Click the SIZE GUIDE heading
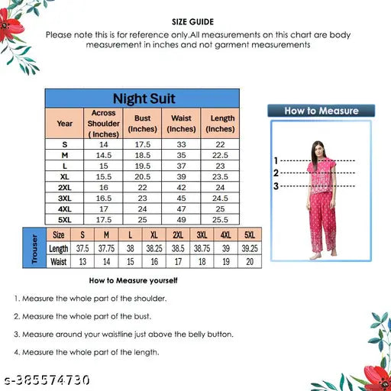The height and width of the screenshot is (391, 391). coord(193,22)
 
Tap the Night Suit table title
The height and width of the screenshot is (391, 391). coord(144,99)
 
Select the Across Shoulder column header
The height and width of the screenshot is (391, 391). coord(104,123)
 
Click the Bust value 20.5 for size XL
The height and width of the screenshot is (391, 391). coord(142,176)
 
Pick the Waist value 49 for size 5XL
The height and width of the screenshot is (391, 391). coord(181,219)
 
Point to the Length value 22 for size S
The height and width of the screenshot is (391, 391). coord(222,144)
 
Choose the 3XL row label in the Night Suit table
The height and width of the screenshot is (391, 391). coord(65,198)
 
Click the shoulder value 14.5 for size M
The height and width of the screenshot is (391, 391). coord(104,154)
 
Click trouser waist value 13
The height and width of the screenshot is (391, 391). coord(83,261)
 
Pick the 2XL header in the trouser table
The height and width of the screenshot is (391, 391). coord(178,234)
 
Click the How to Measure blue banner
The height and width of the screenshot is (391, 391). coord(322,111)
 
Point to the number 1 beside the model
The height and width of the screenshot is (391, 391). coord(276,161)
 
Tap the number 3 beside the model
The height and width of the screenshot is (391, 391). coord(276,186)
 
